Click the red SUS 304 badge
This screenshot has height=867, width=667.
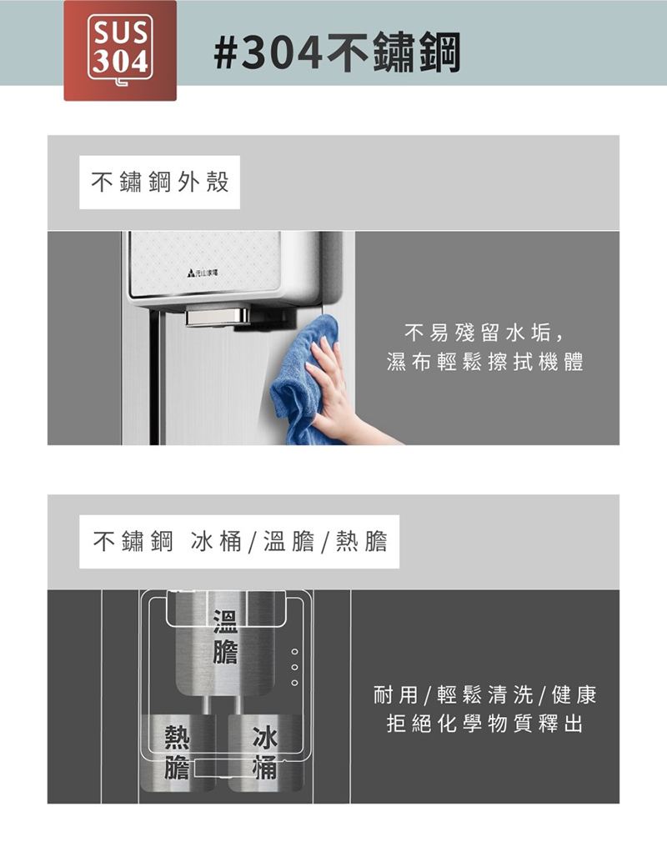120,50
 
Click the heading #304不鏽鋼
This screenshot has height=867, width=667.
337,52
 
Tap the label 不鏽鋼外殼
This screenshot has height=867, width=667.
160,182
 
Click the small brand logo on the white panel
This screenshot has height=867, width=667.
203,273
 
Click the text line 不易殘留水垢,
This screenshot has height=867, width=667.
484,333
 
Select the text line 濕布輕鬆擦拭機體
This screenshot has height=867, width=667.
485,362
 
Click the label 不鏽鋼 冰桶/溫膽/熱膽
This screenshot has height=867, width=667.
240,541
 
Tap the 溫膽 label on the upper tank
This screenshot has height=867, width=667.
225,638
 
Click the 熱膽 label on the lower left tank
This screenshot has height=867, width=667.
177,752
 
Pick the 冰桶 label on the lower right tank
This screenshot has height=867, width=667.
264,752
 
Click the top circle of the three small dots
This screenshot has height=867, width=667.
294,651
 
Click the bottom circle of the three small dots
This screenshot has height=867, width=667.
294,684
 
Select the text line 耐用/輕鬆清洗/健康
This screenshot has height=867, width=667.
485,694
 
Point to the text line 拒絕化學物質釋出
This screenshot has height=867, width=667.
485,724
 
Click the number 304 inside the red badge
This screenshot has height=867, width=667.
120,62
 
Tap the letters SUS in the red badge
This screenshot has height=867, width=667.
120,33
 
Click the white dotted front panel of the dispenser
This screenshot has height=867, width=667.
204,263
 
